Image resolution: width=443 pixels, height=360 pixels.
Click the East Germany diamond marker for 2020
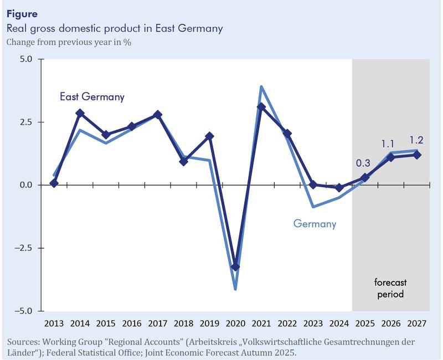(x=235, y=267)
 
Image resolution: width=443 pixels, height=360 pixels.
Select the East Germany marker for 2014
(x=80, y=113)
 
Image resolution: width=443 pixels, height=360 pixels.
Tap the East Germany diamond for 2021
(x=261, y=107)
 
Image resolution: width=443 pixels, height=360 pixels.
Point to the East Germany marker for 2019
(x=209, y=136)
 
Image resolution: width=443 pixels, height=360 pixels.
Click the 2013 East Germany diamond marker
(x=54, y=183)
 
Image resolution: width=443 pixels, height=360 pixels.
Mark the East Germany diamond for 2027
(x=417, y=155)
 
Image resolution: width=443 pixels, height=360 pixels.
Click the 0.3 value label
(x=363, y=163)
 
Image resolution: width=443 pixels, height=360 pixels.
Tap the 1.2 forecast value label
(x=417, y=140)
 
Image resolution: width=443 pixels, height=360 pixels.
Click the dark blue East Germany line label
(x=92, y=97)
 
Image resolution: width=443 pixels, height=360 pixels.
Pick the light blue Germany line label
(x=315, y=224)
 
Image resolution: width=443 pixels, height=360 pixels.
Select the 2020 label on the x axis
(x=235, y=323)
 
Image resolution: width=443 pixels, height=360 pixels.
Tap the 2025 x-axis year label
(x=365, y=323)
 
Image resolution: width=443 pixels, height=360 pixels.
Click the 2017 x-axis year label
(x=158, y=323)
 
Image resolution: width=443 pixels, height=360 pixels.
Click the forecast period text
(x=391, y=288)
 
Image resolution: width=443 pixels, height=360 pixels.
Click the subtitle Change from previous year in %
(x=69, y=41)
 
